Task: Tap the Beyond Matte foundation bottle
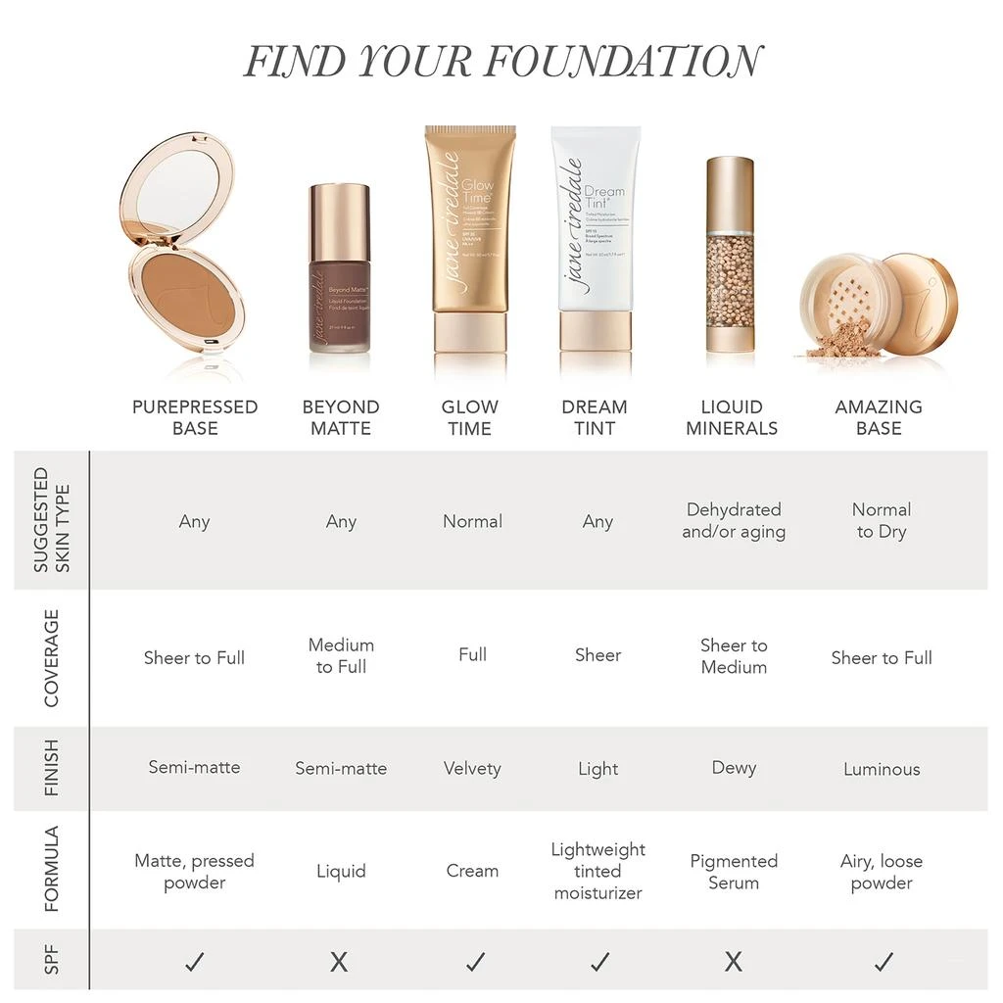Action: coord(340,269)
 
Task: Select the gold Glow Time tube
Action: coord(470,240)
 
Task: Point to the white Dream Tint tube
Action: coord(596,240)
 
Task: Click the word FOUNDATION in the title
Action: coord(623,62)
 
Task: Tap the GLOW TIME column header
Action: coord(470,417)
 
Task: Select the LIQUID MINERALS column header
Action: coord(732,417)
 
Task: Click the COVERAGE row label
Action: coord(52,658)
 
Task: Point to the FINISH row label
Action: coord(52,769)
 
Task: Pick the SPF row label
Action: coord(52,961)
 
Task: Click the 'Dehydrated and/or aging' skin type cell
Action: coord(734,521)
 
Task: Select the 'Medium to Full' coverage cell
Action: coord(341,656)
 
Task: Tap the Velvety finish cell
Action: coord(472,769)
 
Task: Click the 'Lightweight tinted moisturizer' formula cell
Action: coord(597,871)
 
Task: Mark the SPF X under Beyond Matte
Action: coord(339,962)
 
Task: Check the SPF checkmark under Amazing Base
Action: coord(882,962)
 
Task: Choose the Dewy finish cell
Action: coord(734,768)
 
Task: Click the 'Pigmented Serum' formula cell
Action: coord(734,872)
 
